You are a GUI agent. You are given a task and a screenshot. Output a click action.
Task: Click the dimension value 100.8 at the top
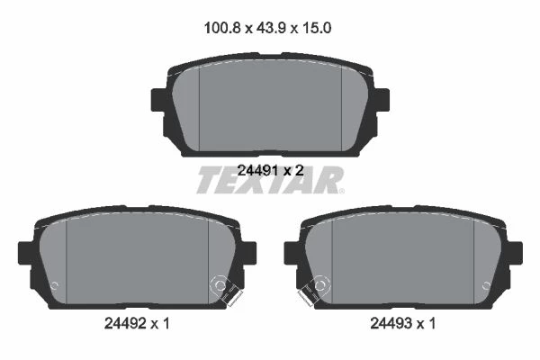[221, 28]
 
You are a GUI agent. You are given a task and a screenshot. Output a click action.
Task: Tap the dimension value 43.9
[271, 28]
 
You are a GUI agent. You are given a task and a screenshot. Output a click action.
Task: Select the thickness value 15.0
[317, 28]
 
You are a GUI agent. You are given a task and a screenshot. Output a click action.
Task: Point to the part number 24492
[125, 323]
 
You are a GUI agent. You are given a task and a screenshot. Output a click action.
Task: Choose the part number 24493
[391, 323]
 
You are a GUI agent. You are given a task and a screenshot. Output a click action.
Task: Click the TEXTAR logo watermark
[270, 180]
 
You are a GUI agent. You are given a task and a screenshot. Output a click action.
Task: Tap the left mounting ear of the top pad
[158, 100]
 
